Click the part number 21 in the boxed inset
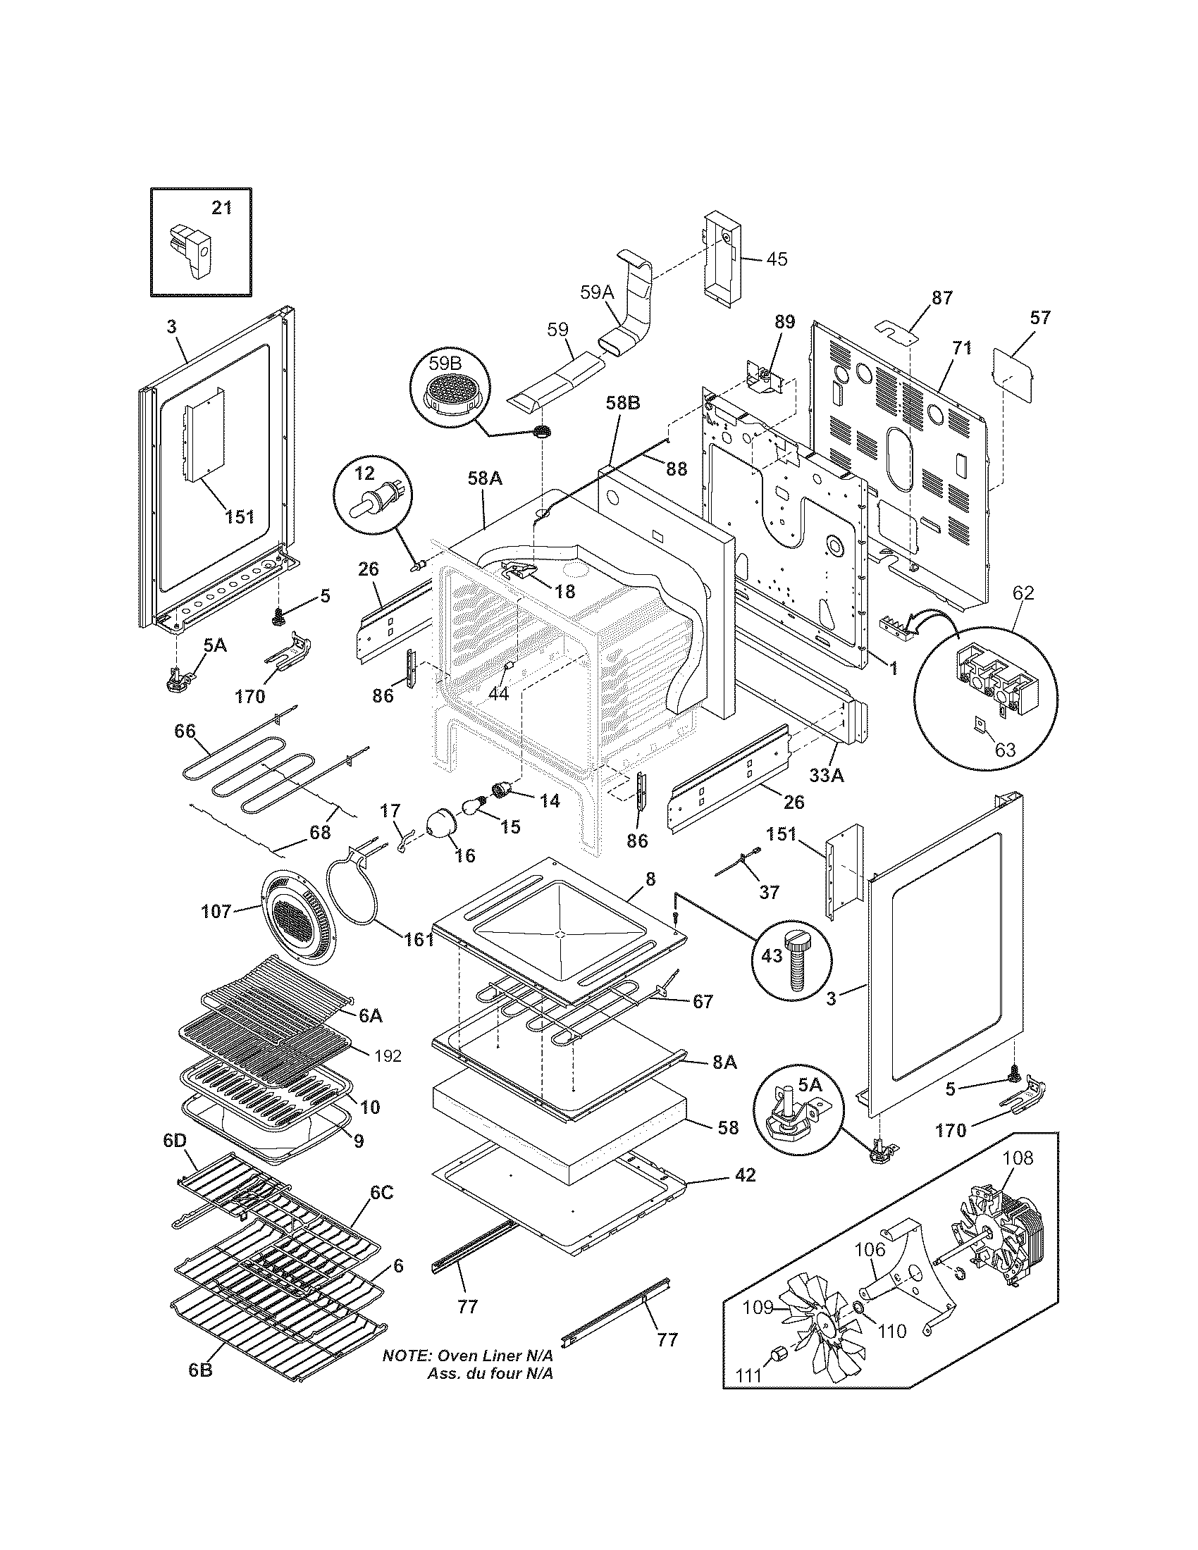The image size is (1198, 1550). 222,208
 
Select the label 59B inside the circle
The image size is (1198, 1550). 445,364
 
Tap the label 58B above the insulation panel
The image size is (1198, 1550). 622,403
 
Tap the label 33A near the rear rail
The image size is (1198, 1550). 827,776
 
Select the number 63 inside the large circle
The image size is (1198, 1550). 1006,750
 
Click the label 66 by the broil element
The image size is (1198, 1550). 185,731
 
